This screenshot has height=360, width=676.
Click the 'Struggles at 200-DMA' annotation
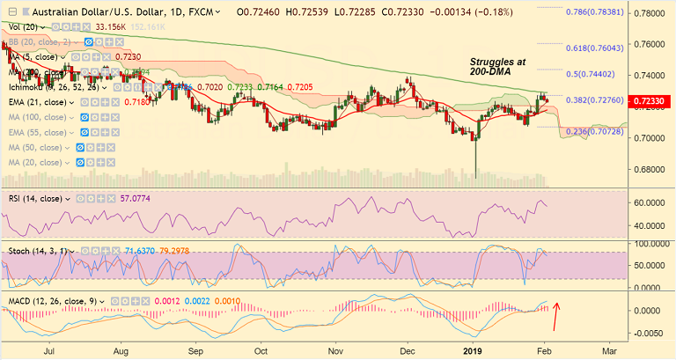click(496, 70)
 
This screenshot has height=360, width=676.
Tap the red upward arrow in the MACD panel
click(555, 312)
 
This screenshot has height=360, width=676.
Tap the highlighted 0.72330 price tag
click(650, 104)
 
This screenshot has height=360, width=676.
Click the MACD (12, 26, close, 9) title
click(52, 301)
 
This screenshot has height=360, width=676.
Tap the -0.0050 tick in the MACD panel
click(649, 333)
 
